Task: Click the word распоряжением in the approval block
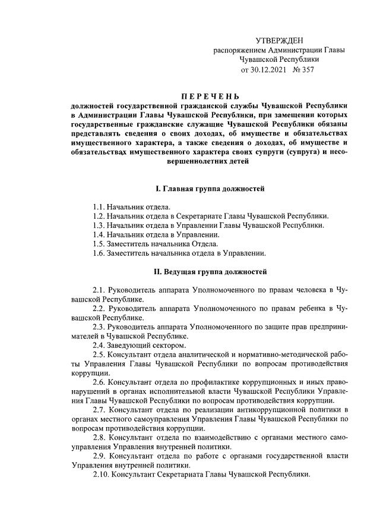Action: point(240,51)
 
